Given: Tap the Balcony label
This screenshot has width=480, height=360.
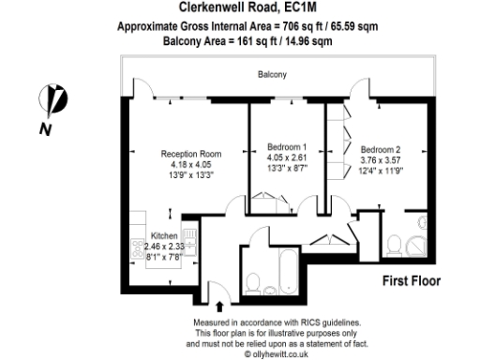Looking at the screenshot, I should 272,75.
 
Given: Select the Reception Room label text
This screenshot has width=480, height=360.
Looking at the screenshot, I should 190,155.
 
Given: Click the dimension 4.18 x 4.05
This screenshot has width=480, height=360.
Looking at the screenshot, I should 190,165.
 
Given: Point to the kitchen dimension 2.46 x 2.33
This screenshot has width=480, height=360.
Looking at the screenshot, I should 163,245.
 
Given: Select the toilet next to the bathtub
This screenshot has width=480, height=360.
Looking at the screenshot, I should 252,281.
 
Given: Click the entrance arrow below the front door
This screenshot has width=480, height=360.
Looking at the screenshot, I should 219,305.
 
